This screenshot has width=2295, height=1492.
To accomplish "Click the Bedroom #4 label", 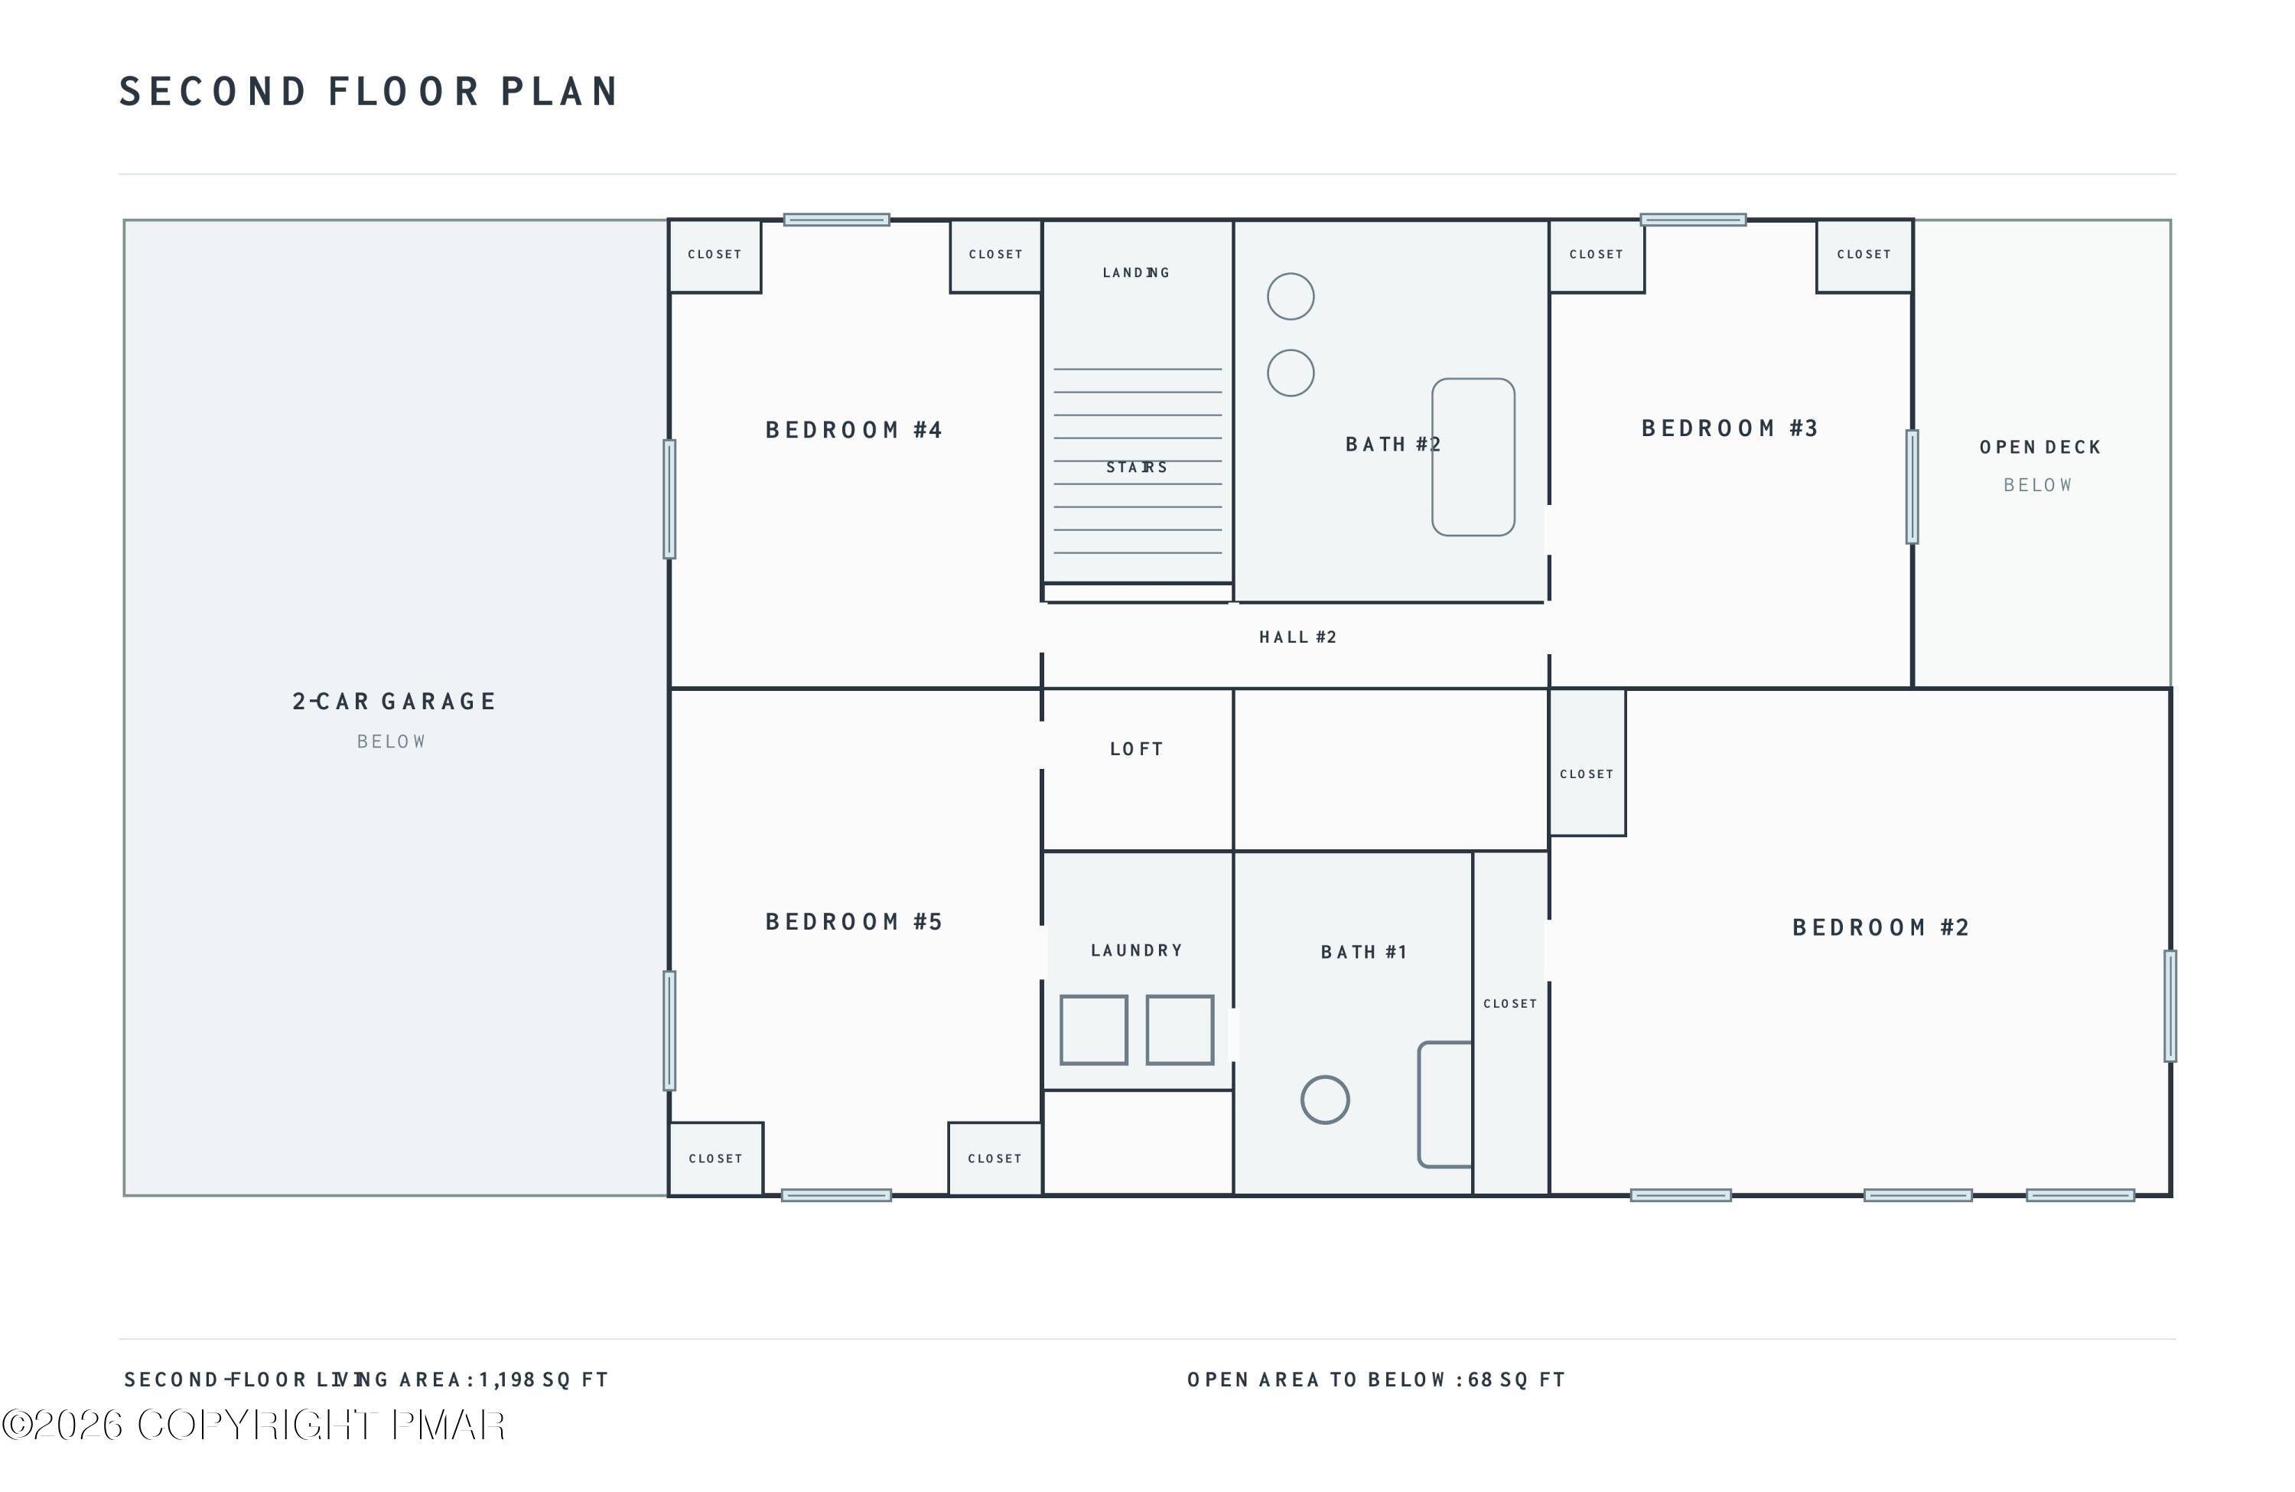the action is [854, 430].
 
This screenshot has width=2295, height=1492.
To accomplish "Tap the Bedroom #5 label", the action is [854, 922].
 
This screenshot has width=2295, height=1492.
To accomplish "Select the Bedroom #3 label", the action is [1730, 428].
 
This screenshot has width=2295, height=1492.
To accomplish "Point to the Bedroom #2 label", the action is [1880, 928].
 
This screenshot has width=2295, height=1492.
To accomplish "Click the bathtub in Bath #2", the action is [1473, 457].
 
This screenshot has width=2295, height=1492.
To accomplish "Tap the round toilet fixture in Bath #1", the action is [1325, 1099].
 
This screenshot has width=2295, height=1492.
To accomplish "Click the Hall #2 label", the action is [1298, 637].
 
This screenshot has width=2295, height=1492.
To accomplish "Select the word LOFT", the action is [1137, 749].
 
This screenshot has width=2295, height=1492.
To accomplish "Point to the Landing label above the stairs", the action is [1137, 273].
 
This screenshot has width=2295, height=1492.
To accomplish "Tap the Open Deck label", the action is [2040, 448].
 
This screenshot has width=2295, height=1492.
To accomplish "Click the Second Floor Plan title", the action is [369, 92].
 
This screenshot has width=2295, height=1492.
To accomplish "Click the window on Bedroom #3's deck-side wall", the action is [1912, 487].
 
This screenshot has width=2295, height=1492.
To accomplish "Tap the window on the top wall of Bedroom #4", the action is [836, 220].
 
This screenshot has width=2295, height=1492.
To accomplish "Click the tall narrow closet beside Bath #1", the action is [1511, 1023].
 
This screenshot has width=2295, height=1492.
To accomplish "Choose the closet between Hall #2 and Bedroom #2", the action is [1587, 762].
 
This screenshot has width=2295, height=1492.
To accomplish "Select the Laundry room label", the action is [1137, 951].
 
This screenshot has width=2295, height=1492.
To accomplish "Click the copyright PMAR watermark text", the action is [254, 1425].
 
